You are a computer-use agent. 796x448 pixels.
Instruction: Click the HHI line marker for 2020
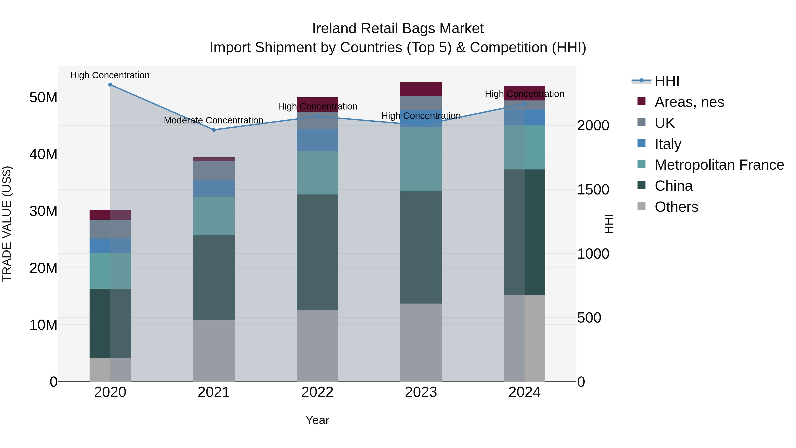coord(110,85)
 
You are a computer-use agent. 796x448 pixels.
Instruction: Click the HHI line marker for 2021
coord(214,130)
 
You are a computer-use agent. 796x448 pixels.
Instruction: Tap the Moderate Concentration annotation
coord(214,120)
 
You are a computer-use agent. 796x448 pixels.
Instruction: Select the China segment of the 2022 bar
coord(317,252)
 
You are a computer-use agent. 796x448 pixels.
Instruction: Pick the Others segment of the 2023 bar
coord(421,342)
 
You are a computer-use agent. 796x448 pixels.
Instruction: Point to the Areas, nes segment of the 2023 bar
coord(421,89)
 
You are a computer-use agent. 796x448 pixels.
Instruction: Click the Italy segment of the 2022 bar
coord(317,140)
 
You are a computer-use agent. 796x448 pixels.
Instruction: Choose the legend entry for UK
coord(664,123)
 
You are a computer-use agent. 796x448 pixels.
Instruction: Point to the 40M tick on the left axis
coord(43,154)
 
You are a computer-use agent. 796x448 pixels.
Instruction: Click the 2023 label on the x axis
coord(421,392)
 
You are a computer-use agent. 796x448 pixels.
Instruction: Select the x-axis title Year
coord(317,420)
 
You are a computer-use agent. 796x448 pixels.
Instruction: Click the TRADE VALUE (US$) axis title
coord(7,224)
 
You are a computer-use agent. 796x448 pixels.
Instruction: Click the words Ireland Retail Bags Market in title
coord(398,29)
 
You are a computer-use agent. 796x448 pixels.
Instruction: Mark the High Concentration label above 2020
coord(110,75)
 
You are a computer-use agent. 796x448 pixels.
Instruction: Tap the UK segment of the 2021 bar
coord(214,170)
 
